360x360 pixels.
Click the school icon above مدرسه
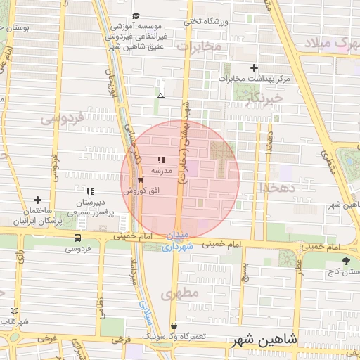click(161, 160)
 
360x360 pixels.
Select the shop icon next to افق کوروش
click(141, 180)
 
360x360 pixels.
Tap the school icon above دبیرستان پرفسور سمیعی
click(89, 191)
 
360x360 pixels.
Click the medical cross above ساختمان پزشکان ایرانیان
click(37, 200)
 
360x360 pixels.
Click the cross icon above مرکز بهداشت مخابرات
click(254, 67)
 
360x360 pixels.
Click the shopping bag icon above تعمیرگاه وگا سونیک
click(174, 326)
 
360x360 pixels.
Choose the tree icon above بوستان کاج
click(345, 260)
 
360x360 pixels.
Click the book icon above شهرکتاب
click(14, 311)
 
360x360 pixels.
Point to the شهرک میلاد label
click(330, 42)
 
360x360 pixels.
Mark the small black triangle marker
click(161, 96)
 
